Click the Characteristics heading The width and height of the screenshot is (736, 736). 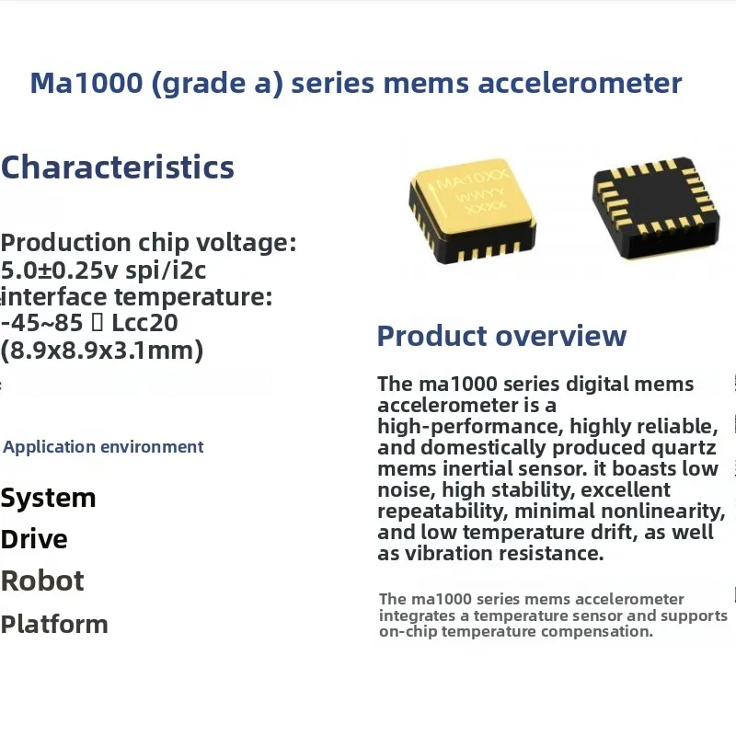(118, 167)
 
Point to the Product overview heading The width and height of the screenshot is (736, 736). (501, 336)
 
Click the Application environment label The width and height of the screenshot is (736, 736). (103, 447)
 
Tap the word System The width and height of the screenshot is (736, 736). (48, 498)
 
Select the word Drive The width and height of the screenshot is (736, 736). (34, 539)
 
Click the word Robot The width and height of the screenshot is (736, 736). (42, 581)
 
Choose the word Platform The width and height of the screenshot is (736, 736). (54, 624)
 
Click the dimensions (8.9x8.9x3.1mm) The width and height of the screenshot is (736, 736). (101, 351)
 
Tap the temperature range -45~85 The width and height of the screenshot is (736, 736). (38, 323)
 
